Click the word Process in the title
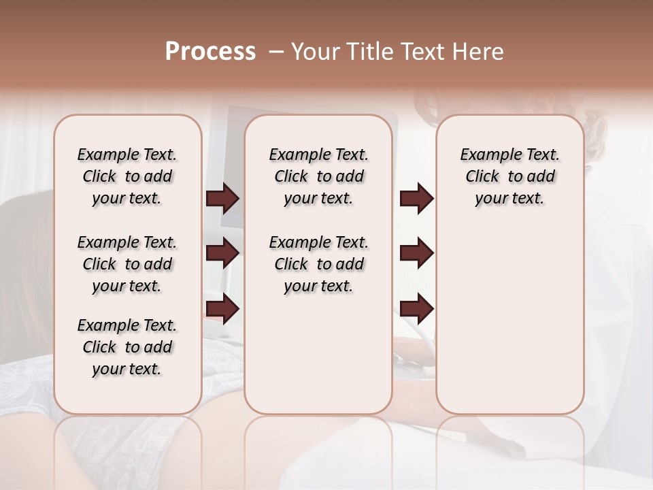point(210,52)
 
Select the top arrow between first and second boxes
point(222,199)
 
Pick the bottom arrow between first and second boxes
point(222,308)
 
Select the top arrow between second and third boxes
point(416,199)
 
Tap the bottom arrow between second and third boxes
point(416,308)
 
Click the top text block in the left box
point(127,176)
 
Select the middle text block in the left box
point(127,264)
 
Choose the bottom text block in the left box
point(127,347)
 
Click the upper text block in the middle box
point(318,176)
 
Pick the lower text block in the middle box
point(318,264)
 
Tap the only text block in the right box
point(509,176)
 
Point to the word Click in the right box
point(482,177)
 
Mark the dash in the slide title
point(276,52)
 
